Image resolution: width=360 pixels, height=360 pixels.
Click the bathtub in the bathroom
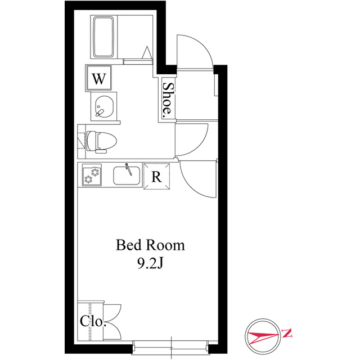(x=103, y=37)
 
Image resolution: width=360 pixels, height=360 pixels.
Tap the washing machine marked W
(x=99, y=78)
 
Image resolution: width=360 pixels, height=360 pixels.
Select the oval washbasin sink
(x=104, y=106)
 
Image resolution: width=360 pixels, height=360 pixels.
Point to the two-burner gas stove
(x=92, y=175)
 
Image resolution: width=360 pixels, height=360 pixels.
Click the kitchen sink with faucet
(x=127, y=175)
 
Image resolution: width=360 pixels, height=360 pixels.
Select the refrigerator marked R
(x=156, y=176)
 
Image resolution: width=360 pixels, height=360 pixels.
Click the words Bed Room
(x=150, y=245)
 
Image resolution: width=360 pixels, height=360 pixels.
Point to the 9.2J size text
(x=150, y=263)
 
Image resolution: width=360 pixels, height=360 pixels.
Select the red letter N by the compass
(x=286, y=333)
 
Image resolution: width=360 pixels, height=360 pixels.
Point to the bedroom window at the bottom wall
(x=171, y=346)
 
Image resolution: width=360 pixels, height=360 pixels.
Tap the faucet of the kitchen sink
(x=129, y=169)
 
